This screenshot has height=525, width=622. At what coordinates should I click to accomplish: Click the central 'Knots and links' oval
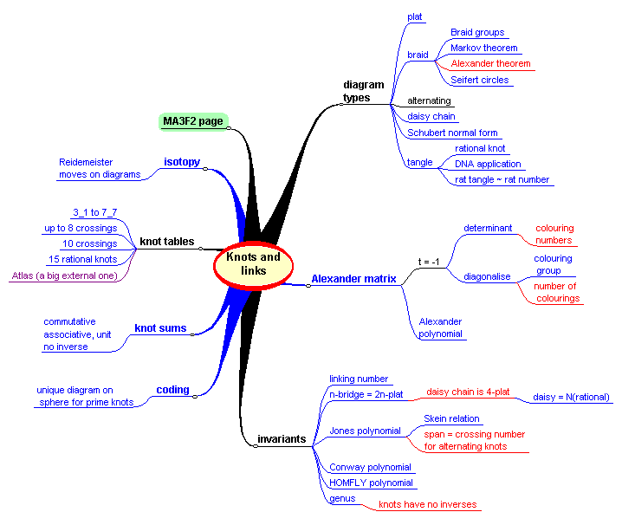pos(253,264)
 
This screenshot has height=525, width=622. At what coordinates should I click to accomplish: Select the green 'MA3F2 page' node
pos(193,121)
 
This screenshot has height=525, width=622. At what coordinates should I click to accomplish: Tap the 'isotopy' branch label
pos(182,162)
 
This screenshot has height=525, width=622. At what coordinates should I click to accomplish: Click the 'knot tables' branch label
pos(167,242)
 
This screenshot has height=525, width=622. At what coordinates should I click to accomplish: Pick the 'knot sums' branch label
pos(160,328)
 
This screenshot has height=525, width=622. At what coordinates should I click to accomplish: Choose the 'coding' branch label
pos(172,390)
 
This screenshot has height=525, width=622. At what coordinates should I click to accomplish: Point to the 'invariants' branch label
pos(282,439)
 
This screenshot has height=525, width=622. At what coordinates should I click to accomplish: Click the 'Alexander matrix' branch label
pos(353,279)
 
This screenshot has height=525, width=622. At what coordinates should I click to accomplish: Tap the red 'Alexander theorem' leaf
pos(489,64)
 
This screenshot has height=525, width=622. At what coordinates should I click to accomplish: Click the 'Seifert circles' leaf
pos(479,80)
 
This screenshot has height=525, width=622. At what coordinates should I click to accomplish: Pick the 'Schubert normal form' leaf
pos(452,133)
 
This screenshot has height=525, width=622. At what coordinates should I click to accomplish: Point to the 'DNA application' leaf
pos(488,164)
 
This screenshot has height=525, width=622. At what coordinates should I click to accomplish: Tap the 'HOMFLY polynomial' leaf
pos(371,483)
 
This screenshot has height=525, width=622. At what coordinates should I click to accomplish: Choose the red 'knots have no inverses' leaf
pos(427,504)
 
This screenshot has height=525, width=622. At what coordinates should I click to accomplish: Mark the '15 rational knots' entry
pos(82,259)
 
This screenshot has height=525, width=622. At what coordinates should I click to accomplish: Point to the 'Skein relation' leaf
pos(451,418)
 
